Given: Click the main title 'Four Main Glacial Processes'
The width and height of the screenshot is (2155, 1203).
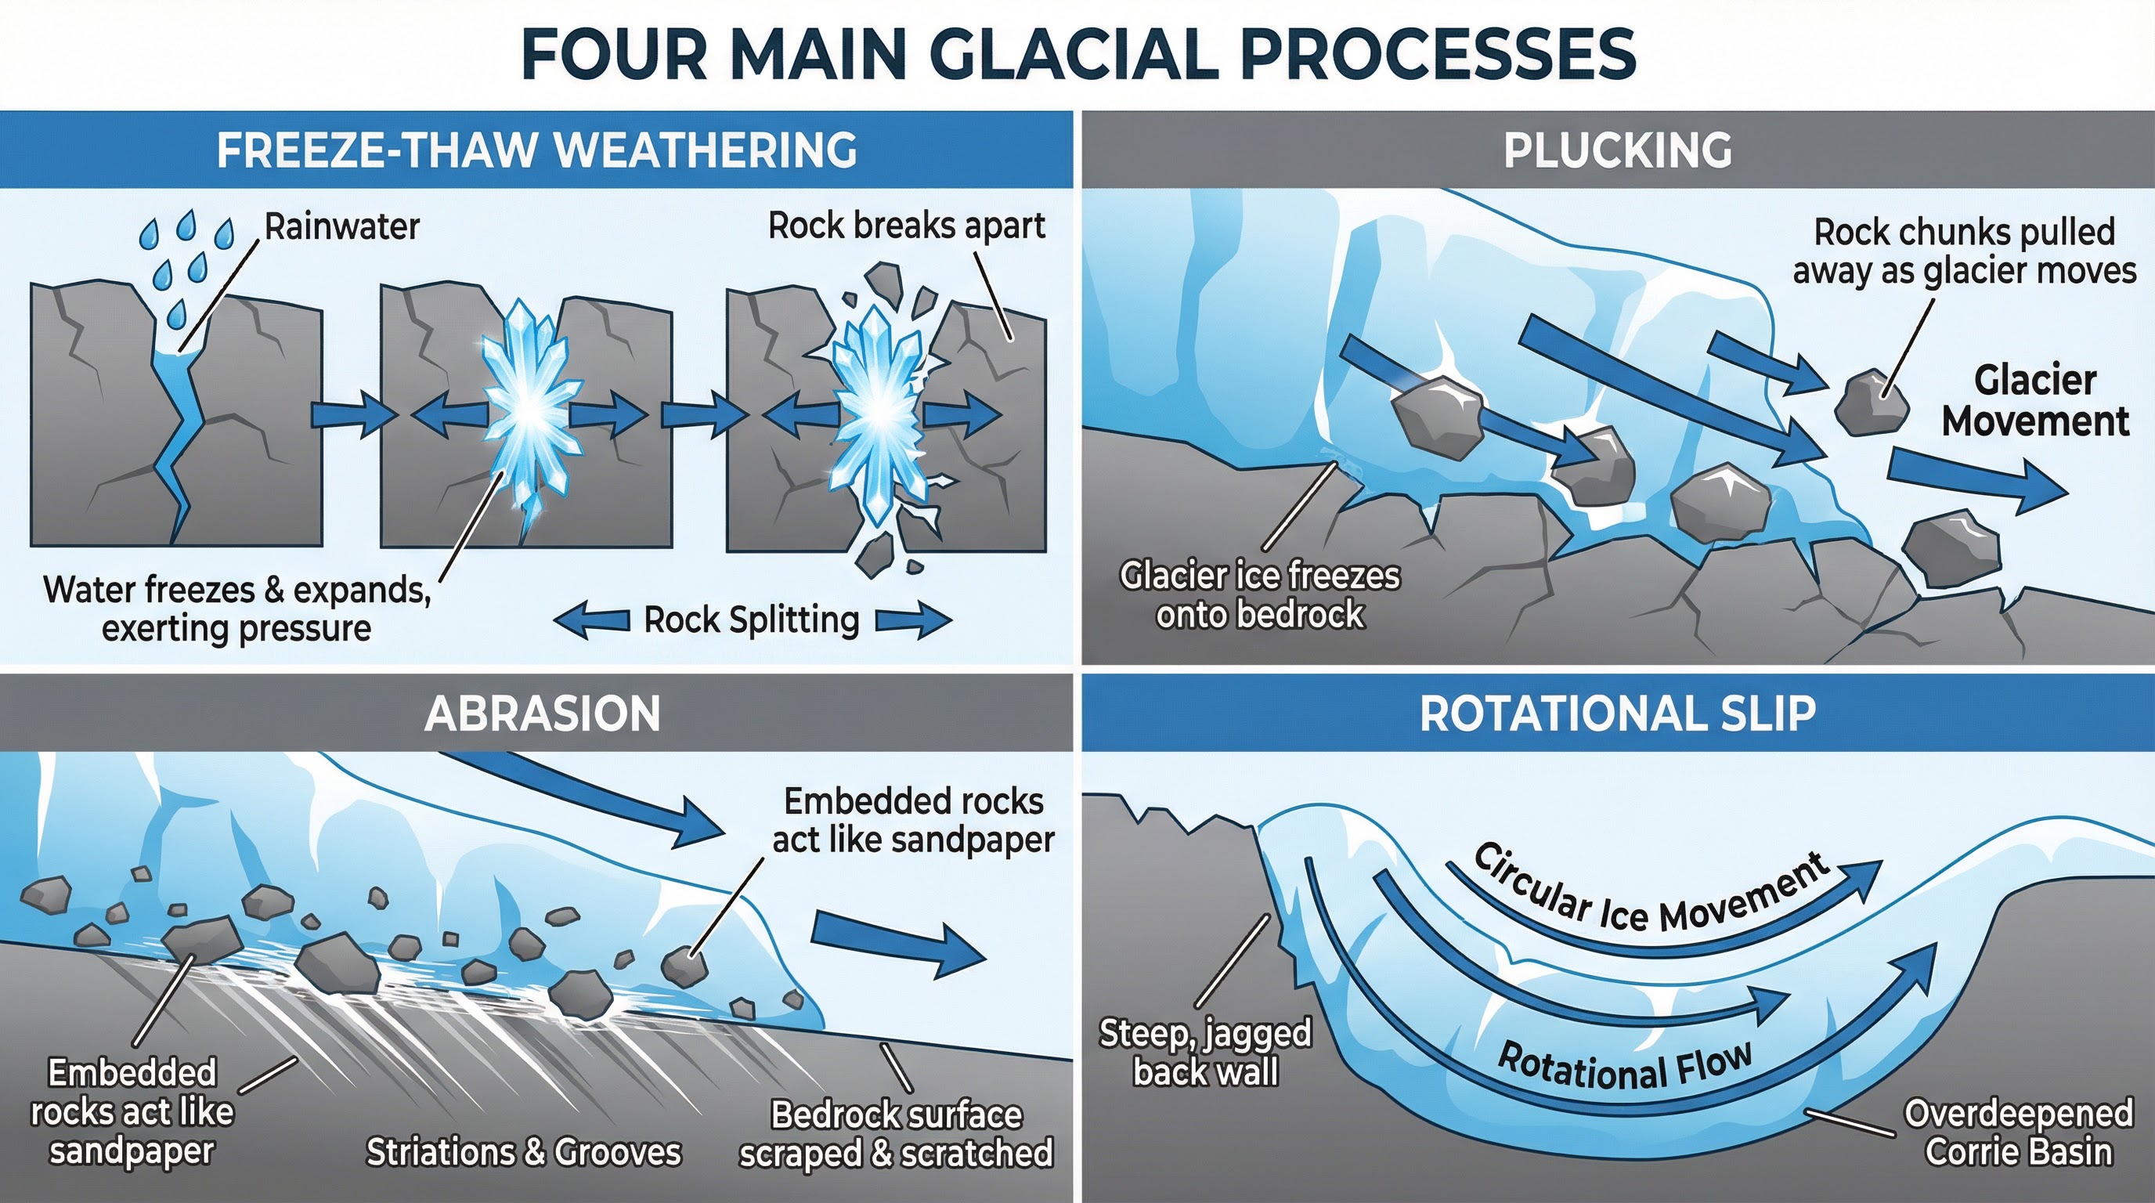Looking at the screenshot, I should (1077, 53).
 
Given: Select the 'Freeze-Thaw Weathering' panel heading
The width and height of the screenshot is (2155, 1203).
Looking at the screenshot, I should (536, 150).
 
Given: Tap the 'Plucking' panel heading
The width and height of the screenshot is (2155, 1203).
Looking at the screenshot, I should (1617, 150).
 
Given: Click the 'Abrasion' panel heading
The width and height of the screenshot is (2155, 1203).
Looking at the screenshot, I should (542, 713).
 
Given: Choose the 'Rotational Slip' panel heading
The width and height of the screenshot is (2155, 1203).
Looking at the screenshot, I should (1617, 713).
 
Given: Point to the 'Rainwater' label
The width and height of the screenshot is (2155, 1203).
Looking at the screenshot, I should (341, 226).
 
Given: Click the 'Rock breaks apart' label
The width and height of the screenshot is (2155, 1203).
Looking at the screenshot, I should (906, 226).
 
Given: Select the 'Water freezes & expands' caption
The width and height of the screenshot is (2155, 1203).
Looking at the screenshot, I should (236, 609).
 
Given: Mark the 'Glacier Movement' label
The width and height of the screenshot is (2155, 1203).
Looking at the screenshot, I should (2034, 401).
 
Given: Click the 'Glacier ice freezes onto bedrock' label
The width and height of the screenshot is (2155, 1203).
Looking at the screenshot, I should (1259, 594).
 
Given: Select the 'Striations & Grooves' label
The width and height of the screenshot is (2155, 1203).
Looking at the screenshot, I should (524, 1152).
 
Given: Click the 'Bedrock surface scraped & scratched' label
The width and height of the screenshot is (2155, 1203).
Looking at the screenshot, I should (895, 1133).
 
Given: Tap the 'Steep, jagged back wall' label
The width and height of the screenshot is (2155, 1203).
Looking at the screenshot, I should (1204, 1053).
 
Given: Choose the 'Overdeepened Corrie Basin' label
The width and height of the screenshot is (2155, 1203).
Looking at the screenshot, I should (2018, 1132).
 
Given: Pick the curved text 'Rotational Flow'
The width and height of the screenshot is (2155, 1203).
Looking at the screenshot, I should (1624, 1067).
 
